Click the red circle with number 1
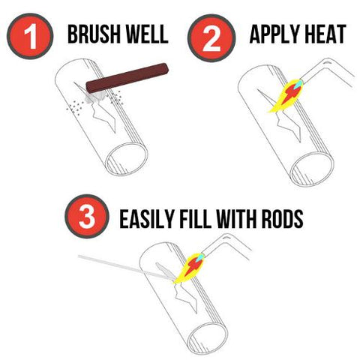pyautogui.click(x=30, y=36)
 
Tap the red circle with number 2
pyautogui.click(x=211, y=38)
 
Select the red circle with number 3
pyautogui.click(x=87, y=216)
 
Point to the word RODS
pyautogui.click(x=283, y=219)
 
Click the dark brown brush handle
pyautogui.click(x=127, y=77)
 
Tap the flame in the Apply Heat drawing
pyautogui.click(x=286, y=96)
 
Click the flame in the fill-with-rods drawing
pyautogui.click(x=189, y=268)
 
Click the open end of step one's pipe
pyautogui.click(x=127, y=159)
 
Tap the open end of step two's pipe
pyautogui.click(x=313, y=169)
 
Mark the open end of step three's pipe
pyautogui.click(x=208, y=340)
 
